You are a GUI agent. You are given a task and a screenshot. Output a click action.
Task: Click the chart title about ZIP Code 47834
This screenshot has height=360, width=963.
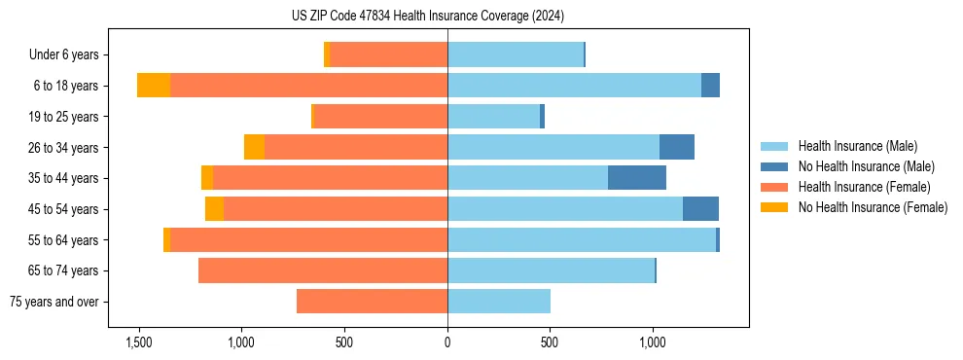(427, 16)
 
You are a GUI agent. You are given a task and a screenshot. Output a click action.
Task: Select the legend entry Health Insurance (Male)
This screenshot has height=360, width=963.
(857, 146)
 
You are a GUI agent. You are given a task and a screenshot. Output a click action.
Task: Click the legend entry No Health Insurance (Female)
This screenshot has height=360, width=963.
(873, 207)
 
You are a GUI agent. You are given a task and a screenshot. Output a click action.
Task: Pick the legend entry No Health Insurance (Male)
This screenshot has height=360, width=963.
(866, 166)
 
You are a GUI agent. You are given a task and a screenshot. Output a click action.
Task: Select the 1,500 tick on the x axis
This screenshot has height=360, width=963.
(139, 342)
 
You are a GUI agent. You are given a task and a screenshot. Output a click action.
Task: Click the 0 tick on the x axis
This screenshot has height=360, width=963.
(447, 342)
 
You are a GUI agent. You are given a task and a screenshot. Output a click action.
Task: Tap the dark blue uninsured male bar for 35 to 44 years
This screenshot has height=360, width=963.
(637, 178)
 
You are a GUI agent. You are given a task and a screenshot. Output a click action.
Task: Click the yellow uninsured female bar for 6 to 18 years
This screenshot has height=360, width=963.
(154, 86)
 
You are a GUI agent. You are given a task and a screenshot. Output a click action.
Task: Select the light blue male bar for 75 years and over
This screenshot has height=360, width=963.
(499, 302)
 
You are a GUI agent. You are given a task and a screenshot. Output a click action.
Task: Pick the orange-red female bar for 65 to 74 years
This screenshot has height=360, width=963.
(323, 270)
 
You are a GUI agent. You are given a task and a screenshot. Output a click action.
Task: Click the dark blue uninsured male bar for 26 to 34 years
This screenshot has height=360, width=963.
(677, 147)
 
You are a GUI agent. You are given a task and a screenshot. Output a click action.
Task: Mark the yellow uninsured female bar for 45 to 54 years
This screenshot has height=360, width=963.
(214, 209)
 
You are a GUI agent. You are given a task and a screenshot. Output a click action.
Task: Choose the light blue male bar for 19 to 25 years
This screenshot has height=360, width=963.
(493, 117)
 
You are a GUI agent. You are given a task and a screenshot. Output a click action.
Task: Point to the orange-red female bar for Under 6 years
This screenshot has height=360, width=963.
(389, 54)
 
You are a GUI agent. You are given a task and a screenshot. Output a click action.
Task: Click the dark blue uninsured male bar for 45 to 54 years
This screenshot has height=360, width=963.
(700, 209)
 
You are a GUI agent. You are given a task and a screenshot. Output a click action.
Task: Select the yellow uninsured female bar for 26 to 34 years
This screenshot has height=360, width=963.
(254, 147)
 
